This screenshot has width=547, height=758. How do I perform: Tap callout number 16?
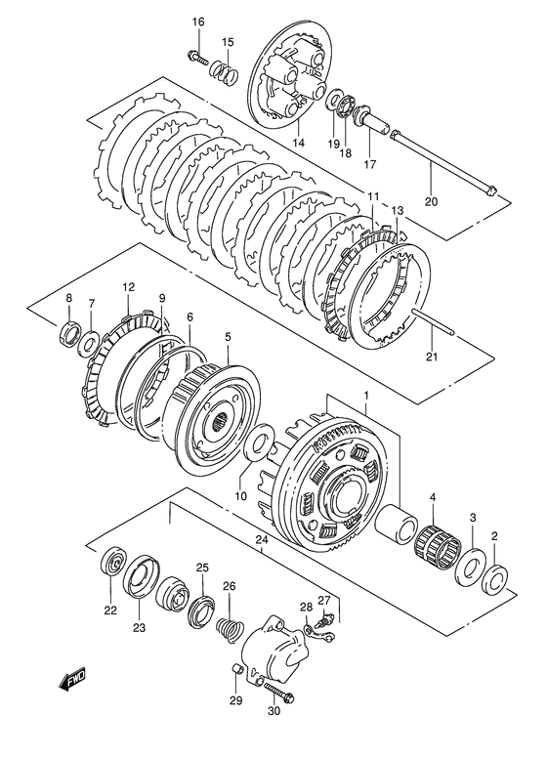point(198,21)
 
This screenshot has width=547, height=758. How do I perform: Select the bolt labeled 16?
point(197,58)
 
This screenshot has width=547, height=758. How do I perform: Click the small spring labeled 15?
point(225,71)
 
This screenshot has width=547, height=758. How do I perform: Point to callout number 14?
point(298,143)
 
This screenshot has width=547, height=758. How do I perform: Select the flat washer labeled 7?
point(89,343)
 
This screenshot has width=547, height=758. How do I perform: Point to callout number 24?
point(262,540)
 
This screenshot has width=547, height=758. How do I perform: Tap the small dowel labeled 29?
point(235,669)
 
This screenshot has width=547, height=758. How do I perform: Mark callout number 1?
point(366,396)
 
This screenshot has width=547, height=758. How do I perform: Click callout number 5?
point(228,336)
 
